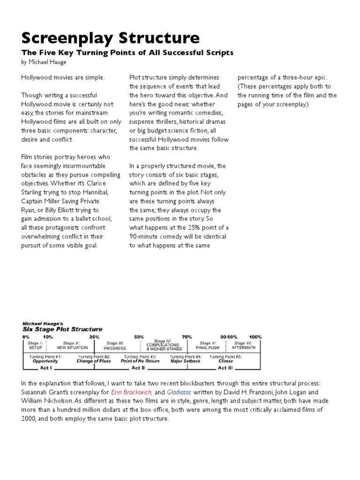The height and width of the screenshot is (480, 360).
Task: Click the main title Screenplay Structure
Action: [110, 37]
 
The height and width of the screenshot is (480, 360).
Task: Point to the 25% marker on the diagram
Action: [94, 337]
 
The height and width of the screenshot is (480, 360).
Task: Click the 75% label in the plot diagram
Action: [187, 337]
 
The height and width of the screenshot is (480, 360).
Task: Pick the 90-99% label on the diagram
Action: [228, 337]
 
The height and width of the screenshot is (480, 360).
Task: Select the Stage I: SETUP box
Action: [36, 345]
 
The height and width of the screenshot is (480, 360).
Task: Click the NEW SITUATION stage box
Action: [72, 345]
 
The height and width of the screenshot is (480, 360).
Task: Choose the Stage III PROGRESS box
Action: [115, 346]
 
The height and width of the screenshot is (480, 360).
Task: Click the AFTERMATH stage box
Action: [243, 345]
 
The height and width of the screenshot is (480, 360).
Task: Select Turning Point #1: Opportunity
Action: [45, 359]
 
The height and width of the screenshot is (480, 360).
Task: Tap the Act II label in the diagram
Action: [139, 368]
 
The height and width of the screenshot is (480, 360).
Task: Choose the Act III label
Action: [225, 368]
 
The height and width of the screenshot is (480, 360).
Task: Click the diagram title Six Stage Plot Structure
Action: [62, 329]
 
